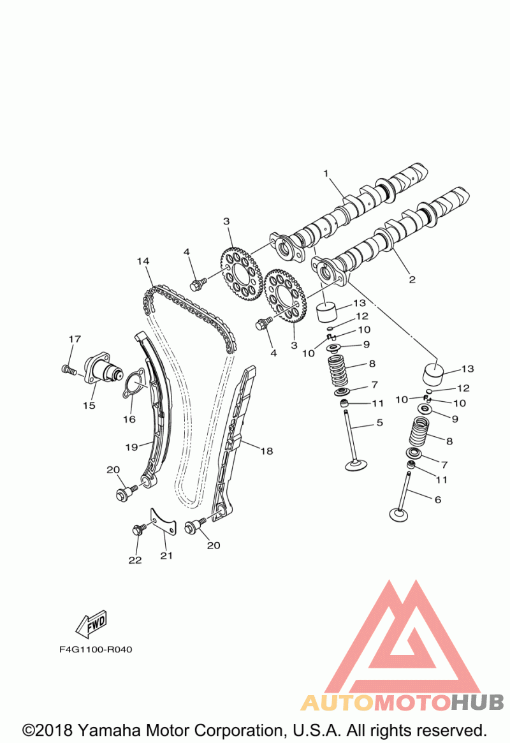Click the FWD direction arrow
point(91,624)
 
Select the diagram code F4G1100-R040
point(96,649)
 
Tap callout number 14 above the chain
point(143,261)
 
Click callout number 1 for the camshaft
point(326,173)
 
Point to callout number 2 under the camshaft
point(412,279)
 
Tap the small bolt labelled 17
point(69,369)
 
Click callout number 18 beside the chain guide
point(266,451)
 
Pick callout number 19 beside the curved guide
point(131,447)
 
